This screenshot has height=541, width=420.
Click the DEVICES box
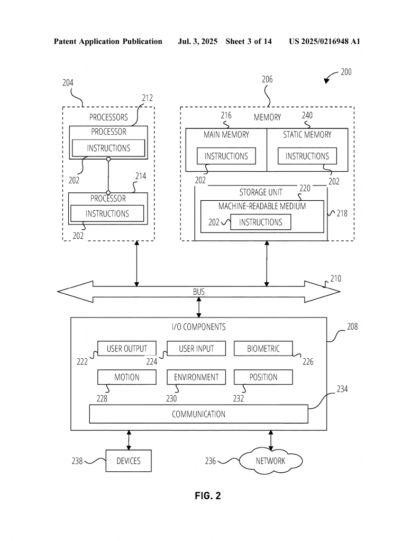[129, 461]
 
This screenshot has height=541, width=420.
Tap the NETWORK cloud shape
[271, 461]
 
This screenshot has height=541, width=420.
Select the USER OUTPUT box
[127, 349]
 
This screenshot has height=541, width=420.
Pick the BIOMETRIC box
[263, 349]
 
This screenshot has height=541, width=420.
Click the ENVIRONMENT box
[196, 377]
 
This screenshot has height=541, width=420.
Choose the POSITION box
[263, 377]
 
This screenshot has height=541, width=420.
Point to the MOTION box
[127, 377]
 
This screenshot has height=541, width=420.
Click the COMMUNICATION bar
[198, 414]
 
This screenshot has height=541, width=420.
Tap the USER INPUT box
[196, 349]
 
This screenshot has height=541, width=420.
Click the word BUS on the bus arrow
[198, 292]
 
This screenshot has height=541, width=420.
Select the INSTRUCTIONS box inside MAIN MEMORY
[226, 156]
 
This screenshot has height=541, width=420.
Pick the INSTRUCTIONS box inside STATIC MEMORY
[307, 156]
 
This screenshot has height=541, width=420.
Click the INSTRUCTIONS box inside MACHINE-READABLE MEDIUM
[260, 222]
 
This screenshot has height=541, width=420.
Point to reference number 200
[346, 72]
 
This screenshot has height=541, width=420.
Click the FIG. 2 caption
[207, 496]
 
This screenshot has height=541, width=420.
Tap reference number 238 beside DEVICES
[77, 461]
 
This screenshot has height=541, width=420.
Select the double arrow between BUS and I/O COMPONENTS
[198, 307]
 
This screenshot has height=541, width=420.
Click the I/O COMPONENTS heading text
[198, 327]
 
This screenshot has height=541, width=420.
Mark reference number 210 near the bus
[336, 278]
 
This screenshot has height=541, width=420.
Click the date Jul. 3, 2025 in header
[197, 41]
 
